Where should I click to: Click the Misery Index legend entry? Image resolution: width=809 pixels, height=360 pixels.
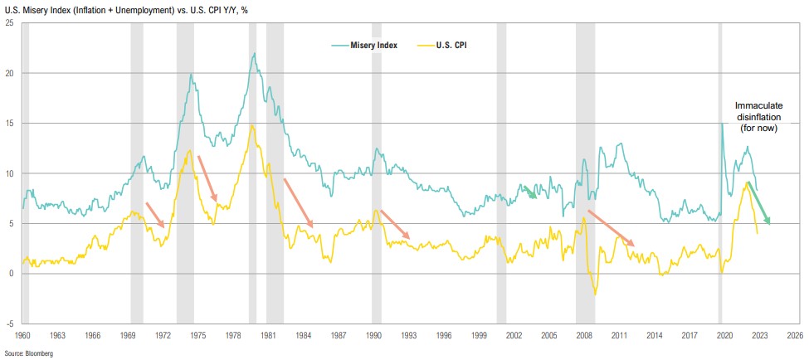tap(373, 45)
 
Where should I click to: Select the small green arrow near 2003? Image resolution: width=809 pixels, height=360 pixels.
tap(529, 192)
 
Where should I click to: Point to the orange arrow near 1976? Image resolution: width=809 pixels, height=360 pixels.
tap(207, 178)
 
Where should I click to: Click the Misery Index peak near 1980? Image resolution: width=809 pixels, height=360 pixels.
tap(254, 54)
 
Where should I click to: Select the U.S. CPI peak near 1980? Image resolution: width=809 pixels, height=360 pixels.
tap(251, 125)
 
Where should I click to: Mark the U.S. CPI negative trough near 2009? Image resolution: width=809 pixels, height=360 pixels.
tap(595, 294)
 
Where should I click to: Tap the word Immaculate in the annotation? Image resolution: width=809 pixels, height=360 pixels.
tap(758, 106)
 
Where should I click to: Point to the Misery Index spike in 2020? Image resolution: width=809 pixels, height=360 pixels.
tap(723, 123)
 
